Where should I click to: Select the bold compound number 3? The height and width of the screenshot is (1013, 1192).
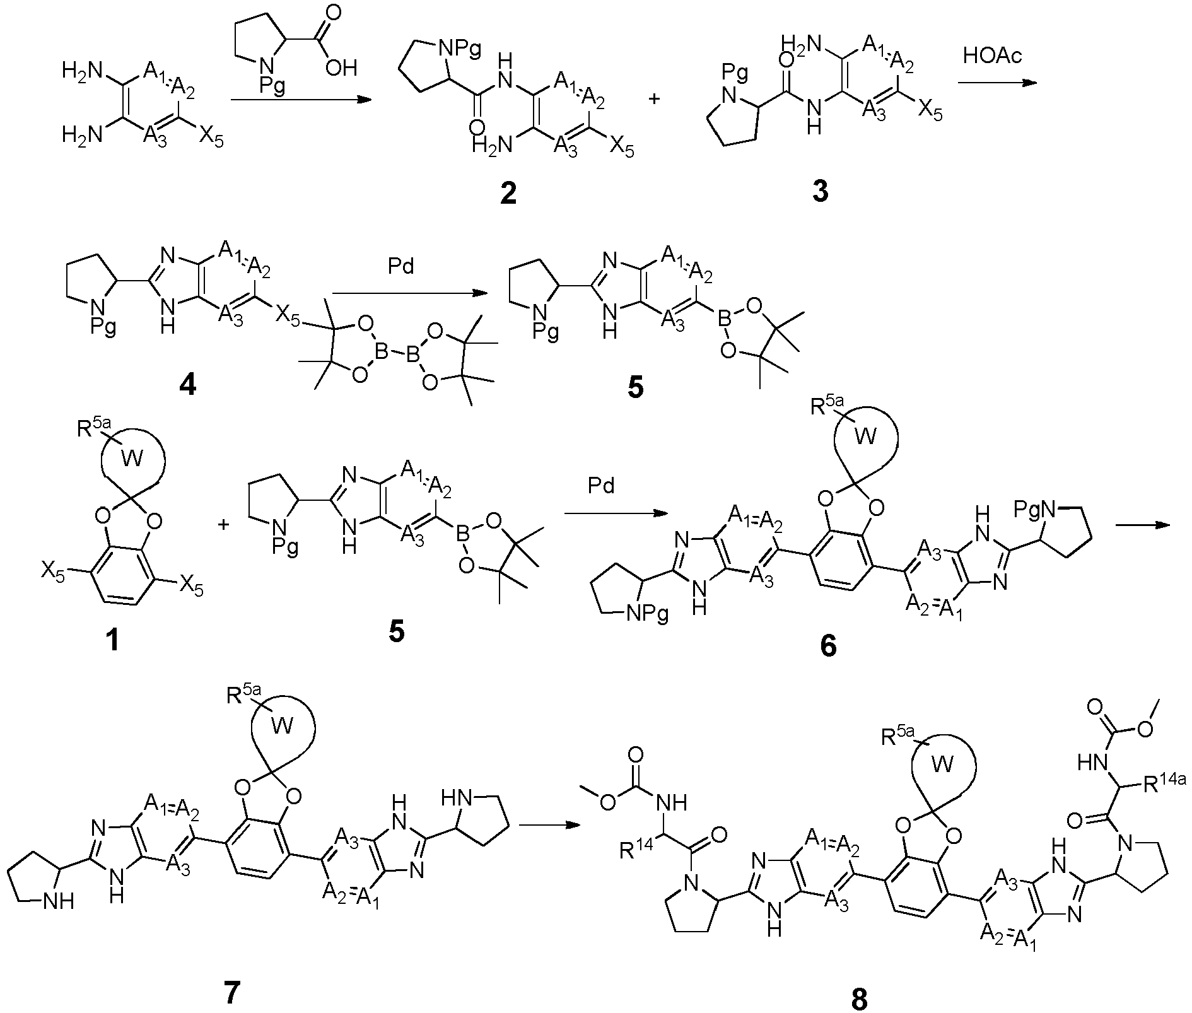(821, 191)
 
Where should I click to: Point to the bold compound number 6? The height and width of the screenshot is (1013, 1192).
(827, 645)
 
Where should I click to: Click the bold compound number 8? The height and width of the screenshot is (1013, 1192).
(859, 998)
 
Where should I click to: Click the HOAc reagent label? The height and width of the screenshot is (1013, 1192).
(992, 56)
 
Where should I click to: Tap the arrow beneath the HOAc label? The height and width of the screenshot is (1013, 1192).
(997, 83)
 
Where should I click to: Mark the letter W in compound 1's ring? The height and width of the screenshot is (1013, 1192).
(132, 458)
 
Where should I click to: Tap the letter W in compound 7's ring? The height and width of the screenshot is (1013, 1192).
(281, 726)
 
